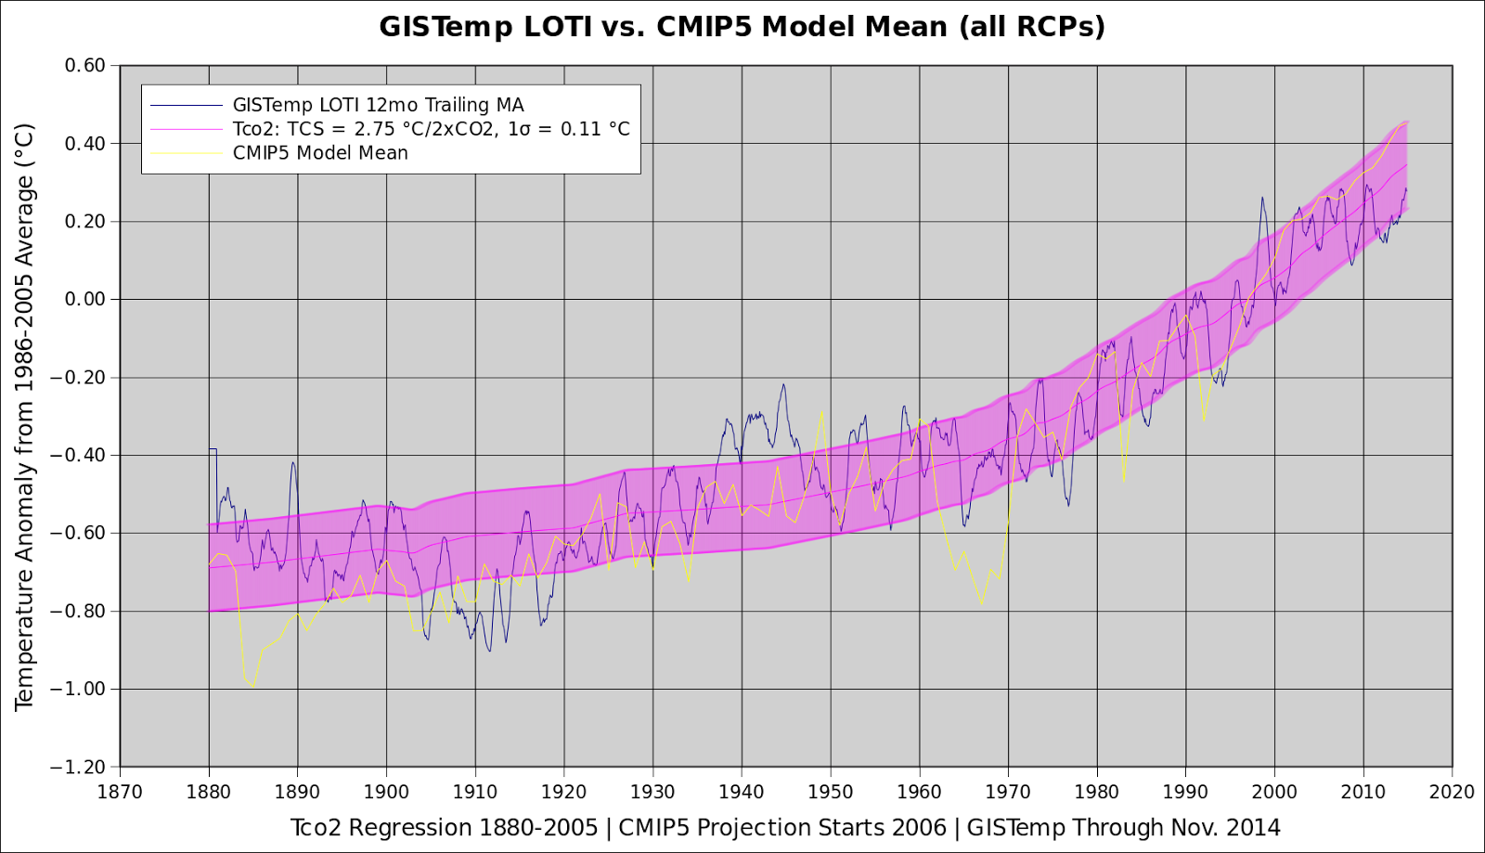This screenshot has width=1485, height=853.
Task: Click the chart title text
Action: [742, 27]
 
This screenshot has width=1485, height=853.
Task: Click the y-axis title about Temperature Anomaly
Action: [24, 417]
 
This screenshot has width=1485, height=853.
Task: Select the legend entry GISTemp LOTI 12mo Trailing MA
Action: [378, 105]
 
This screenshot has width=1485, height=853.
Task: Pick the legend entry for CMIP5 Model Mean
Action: [320, 153]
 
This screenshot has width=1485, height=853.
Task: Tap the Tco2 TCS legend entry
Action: [431, 129]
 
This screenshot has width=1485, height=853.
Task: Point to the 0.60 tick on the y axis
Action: [85, 66]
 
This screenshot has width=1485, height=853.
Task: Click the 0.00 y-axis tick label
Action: [85, 300]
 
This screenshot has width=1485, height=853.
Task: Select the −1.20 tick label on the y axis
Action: [79, 768]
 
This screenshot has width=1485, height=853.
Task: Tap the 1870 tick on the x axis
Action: [120, 793]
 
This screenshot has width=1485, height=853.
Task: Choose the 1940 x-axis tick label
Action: [742, 793]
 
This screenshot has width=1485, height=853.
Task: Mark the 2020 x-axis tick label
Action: [1452, 793]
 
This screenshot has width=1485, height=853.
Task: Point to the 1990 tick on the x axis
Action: [1185, 793]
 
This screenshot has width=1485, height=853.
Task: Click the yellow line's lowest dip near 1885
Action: [252, 686]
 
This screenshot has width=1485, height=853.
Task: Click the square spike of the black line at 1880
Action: [213, 450]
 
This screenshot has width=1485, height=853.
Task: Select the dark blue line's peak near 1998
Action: [1262, 198]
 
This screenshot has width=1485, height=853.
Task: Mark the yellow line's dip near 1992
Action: [1204, 420]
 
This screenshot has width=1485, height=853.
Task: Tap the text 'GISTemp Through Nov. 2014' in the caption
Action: [1123, 828]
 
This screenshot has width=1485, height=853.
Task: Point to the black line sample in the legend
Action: [187, 105]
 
